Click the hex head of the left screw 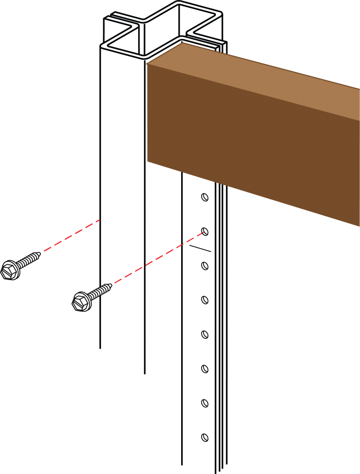click(x=10, y=270)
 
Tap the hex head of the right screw click(x=82, y=302)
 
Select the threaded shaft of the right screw click(x=99, y=292)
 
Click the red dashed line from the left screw click(x=72, y=236)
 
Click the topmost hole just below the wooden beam click(x=204, y=198)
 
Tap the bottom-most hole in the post click(x=204, y=437)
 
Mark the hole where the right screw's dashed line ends click(x=205, y=232)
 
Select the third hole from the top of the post click(x=204, y=266)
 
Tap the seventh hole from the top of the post click(x=204, y=403)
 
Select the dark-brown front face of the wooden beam click(x=250, y=139)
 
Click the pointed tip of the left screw click(x=38, y=254)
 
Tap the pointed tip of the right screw click(x=109, y=287)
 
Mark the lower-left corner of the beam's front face click(x=148, y=162)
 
